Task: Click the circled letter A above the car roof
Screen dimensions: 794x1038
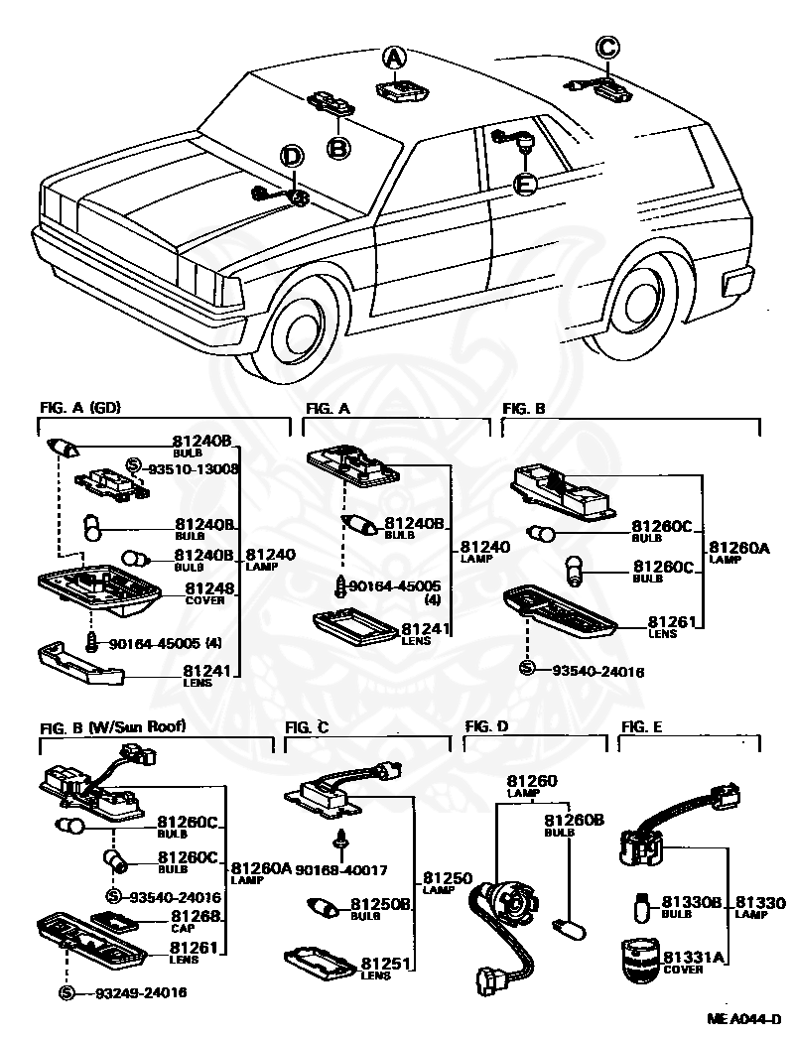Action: click(394, 59)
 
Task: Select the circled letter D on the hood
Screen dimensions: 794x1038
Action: click(292, 156)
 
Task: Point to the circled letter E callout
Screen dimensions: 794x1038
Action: click(524, 184)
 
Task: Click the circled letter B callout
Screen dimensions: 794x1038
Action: click(338, 148)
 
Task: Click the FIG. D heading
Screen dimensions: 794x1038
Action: click(486, 726)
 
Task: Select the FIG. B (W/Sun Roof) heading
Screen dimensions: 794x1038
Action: click(112, 726)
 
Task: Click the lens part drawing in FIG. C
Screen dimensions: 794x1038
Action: click(321, 964)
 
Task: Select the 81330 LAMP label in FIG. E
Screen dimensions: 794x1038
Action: click(760, 908)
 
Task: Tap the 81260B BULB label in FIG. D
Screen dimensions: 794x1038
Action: click(574, 825)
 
